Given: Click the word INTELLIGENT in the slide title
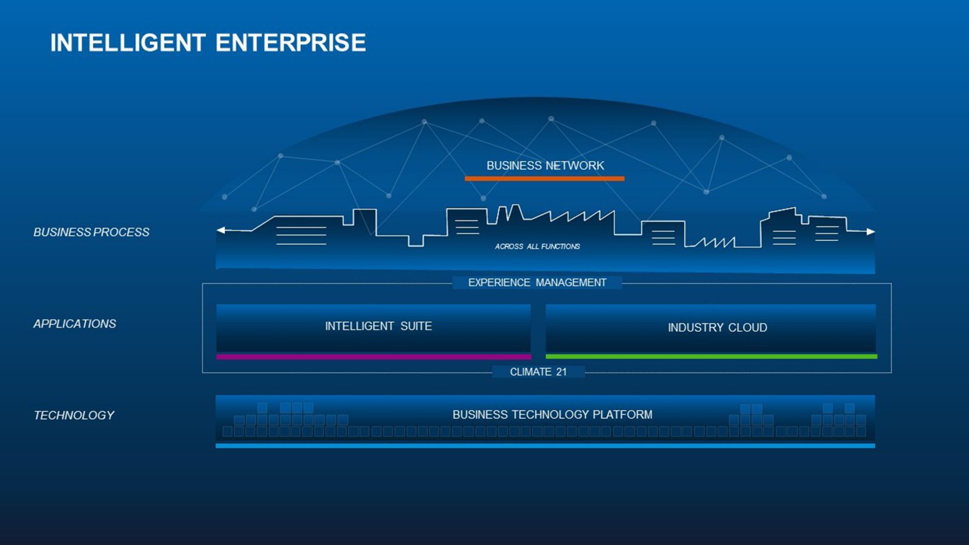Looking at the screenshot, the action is (x=128, y=43).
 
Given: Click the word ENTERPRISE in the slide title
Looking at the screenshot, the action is (x=291, y=43).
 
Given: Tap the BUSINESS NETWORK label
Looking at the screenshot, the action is (x=545, y=165).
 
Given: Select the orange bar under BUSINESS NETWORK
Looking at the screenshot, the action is (x=544, y=179).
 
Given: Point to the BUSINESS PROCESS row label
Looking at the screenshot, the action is (x=91, y=233).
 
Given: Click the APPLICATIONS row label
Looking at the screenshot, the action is (x=75, y=324).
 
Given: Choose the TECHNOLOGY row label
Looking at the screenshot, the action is (x=74, y=415).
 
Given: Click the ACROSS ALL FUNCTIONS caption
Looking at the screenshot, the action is (x=537, y=246).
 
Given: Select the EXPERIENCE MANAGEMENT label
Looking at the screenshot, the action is (x=537, y=282).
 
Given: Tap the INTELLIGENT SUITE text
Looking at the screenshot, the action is (x=379, y=326).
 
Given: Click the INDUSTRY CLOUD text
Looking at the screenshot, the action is (x=718, y=328).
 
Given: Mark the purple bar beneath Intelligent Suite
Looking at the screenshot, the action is (x=374, y=357).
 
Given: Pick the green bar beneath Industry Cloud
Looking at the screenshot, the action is (x=712, y=357).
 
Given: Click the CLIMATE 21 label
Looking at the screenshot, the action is (x=538, y=372).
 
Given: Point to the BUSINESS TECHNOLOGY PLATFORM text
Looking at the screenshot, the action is (x=552, y=414).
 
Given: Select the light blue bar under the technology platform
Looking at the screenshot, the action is (x=545, y=446).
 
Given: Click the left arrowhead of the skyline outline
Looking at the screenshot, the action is (x=220, y=230).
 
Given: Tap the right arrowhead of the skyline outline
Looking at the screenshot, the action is (x=871, y=231).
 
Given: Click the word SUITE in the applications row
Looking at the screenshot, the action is (x=416, y=326).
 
